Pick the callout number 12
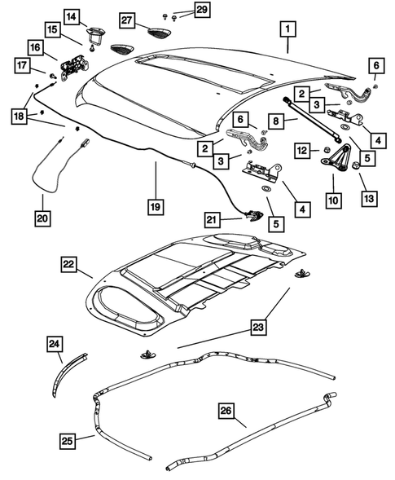301,150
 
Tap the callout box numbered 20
43,218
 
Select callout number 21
213,219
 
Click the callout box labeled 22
68,264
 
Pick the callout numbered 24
55,346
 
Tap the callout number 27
127,19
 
